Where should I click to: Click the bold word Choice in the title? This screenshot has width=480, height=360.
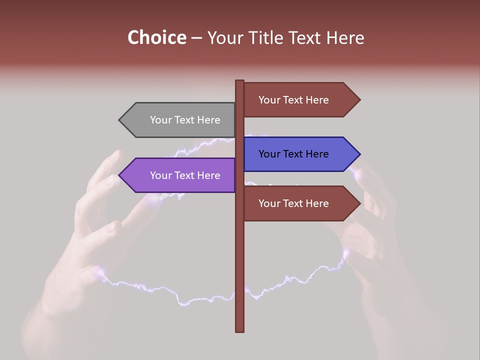click(x=156, y=38)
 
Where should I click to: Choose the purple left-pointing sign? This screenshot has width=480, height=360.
click(x=180, y=175)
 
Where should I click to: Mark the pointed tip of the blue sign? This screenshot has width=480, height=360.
click(x=359, y=154)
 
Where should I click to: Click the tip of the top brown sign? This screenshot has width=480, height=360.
click(x=359, y=99)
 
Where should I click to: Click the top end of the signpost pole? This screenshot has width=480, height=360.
click(x=240, y=81)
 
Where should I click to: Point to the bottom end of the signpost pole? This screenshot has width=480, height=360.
click(x=240, y=330)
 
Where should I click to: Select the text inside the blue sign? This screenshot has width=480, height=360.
click(x=293, y=154)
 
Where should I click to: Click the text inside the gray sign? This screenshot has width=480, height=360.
click(x=185, y=120)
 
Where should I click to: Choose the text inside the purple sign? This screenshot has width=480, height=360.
click(x=185, y=175)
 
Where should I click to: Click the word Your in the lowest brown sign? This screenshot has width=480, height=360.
click(x=269, y=203)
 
